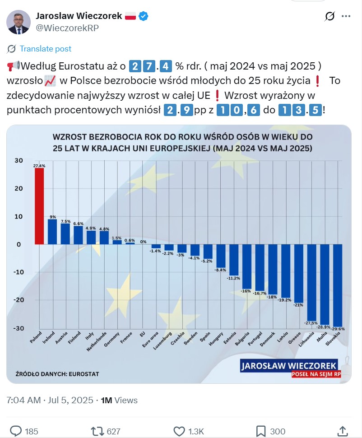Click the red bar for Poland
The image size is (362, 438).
click(x=39, y=206)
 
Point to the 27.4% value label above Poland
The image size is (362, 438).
click(x=39, y=166)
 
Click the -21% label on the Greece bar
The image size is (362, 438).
click(x=298, y=305)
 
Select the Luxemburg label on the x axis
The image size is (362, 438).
click(x=163, y=340)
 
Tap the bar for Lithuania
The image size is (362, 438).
click(x=312, y=282)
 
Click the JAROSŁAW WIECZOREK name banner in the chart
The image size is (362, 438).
click(x=289, y=365)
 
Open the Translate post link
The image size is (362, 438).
click(x=45, y=49)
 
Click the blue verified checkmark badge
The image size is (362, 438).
click(x=144, y=16)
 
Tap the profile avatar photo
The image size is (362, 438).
click(x=19, y=22)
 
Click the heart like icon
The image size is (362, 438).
click(x=179, y=431)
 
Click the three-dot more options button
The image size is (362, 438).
click(x=346, y=16)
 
